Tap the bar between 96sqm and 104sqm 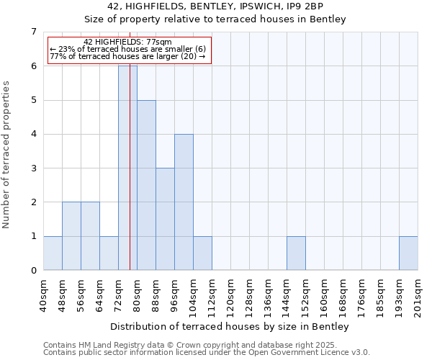[184, 202]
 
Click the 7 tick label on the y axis [33, 32]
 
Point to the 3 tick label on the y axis [33, 168]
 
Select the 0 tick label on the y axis [33, 271]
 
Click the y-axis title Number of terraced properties [7, 154]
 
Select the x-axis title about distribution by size [230, 327]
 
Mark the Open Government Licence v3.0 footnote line [207, 353]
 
